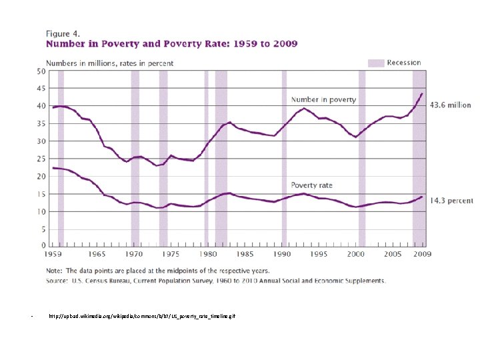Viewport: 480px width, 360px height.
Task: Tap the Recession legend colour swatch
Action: (x=376, y=63)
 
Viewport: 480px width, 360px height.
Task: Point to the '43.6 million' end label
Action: (x=449, y=105)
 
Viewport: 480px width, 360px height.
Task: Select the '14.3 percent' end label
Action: (x=451, y=200)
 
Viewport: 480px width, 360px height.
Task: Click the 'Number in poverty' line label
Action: (x=323, y=100)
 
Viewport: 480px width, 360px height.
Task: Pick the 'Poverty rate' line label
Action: (x=311, y=185)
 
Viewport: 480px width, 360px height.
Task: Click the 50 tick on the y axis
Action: (x=41, y=71)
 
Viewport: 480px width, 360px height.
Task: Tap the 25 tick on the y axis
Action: (x=41, y=159)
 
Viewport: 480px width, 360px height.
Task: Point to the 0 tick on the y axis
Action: (x=43, y=246)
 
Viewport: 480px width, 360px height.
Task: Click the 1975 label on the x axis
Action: (x=171, y=255)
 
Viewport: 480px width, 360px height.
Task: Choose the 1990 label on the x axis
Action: (x=283, y=255)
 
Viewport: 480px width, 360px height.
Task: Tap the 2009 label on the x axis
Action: (x=422, y=255)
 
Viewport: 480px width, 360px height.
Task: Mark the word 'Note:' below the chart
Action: (x=54, y=271)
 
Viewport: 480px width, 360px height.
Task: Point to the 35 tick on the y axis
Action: (x=41, y=124)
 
